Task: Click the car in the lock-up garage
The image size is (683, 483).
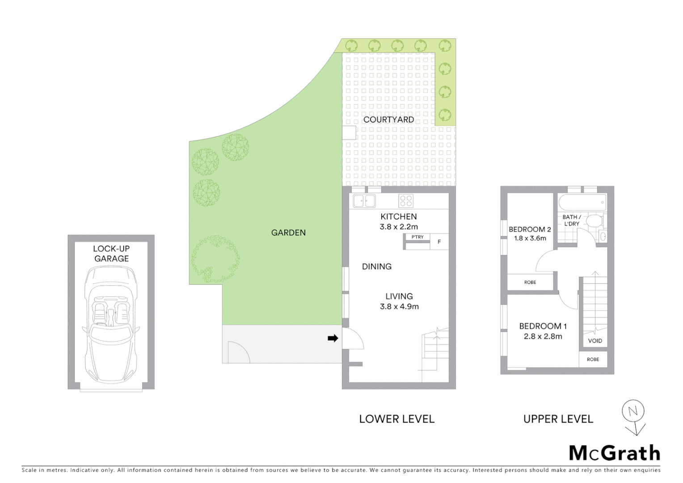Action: [x=111, y=324]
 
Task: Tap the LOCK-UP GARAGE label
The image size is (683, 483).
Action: [x=111, y=254]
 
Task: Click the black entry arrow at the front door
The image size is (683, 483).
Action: [x=333, y=338]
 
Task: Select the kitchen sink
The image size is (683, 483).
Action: [x=364, y=201]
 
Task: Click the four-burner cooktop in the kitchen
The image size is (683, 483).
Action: [x=406, y=201]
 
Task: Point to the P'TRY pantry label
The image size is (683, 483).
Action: [x=417, y=237]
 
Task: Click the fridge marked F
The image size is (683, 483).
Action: [x=439, y=242]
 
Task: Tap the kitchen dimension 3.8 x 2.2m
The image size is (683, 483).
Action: [x=399, y=227]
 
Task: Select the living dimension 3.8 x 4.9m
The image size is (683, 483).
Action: [x=399, y=307]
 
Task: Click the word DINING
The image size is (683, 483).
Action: [x=376, y=267]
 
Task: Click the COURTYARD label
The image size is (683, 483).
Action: [x=388, y=119]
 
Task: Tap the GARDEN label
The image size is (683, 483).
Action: [x=288, y=233]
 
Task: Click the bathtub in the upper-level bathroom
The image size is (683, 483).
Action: [x=582, y=202]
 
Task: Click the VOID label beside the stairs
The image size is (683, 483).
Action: [x=595, y=341]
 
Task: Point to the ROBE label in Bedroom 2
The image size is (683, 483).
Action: [x=530, y=282]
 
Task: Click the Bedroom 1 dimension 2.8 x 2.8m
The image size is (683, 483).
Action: [x=543, y=336]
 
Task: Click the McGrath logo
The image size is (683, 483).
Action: [x=614, y=453]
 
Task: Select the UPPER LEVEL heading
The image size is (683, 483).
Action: [x=558, y=419]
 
